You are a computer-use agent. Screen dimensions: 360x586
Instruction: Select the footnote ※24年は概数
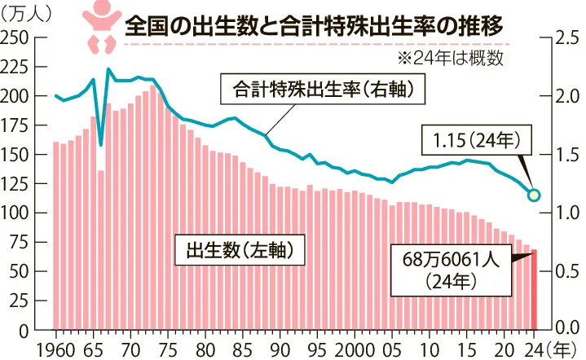(451, 58)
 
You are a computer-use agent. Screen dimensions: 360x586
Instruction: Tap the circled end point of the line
(535, 195)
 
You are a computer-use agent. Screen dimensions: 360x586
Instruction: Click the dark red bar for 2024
(535, 289)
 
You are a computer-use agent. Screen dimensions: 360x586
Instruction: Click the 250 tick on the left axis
(17, 38)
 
